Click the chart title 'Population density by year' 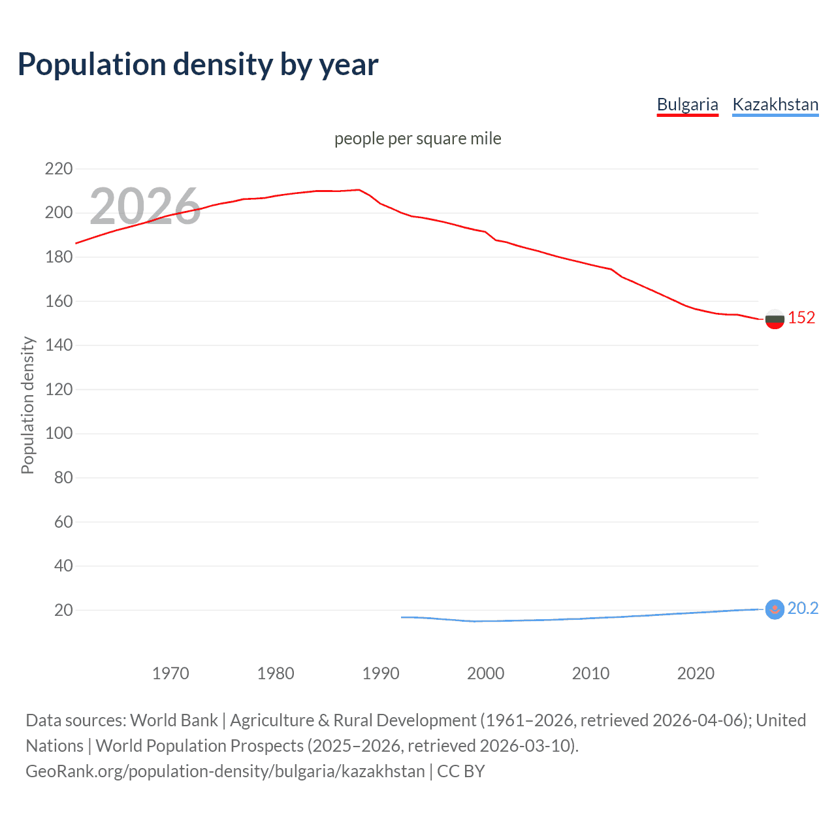[198, 65]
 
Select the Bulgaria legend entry [687, 104]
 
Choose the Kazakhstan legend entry [775, 104]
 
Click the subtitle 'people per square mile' [417, 138]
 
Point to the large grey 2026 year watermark [145, 206]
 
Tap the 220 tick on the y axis [59, 169]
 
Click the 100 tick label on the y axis [59, 434]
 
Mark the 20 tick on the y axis [63, 610]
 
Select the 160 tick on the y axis [59, 301]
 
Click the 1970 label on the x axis [170, 673]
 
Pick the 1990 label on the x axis [381, 673]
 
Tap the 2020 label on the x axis [696, 673]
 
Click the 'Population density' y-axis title [27, 405]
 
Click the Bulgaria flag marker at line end [775, 319]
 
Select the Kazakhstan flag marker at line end [775, 609]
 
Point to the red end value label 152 [801, 318]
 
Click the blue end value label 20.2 [803, 609]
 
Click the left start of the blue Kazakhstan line [402, 617]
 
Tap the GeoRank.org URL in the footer [225, 771]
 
